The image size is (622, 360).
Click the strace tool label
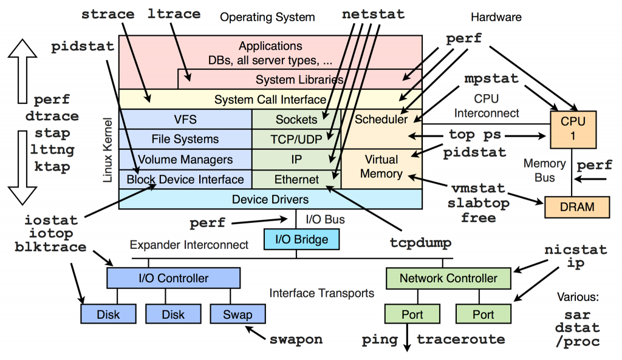point(108,13)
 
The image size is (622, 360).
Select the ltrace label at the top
point(175,13)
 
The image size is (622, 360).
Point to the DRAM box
point(577,206)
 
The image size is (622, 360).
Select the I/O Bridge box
point(302,239)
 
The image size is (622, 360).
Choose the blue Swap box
point(239,314)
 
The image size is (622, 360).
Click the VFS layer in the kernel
point(185,120)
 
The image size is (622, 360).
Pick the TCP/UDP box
point(296,139)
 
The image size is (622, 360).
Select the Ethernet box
point(296,180)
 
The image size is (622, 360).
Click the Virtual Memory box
point(381,167)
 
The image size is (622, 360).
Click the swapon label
point(296,339)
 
